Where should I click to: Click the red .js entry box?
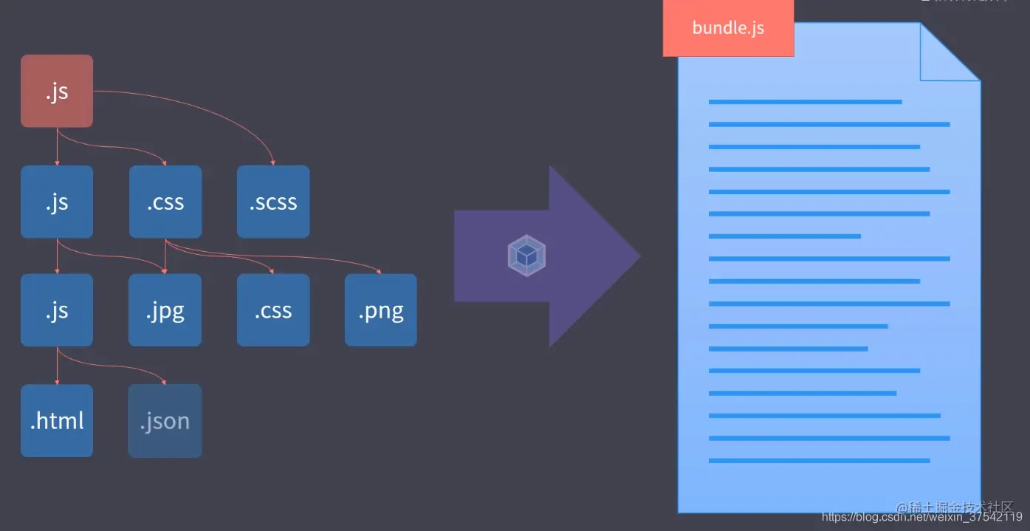point(57,91)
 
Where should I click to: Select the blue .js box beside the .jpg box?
point(57,310)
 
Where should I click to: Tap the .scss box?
point(273,202)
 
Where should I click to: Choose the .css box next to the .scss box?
point(165,202)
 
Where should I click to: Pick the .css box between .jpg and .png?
point(273,310)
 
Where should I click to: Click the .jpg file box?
point(165,310)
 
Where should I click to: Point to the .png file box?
point(381,310)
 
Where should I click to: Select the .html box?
point(57,420)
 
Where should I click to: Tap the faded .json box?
point(165,420)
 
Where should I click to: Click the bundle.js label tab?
point(728,28)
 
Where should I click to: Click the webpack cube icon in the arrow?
point(526,256)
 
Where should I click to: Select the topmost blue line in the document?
point(805,102)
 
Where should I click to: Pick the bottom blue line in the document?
point(819,461)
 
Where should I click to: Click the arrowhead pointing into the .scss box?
point(273,162)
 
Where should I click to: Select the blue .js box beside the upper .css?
point(57,202)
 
